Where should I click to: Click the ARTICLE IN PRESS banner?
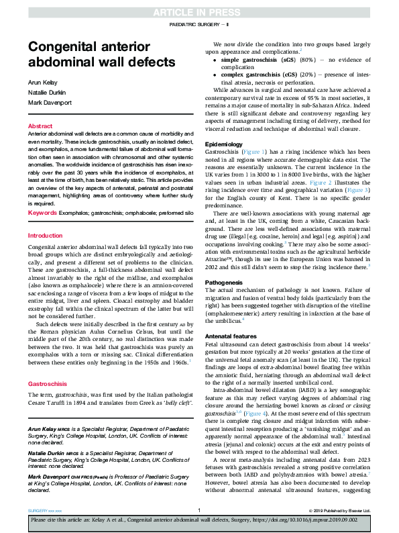199,12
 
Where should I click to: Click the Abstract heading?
40,126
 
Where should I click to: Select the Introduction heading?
45,236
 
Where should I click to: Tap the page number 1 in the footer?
199,510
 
